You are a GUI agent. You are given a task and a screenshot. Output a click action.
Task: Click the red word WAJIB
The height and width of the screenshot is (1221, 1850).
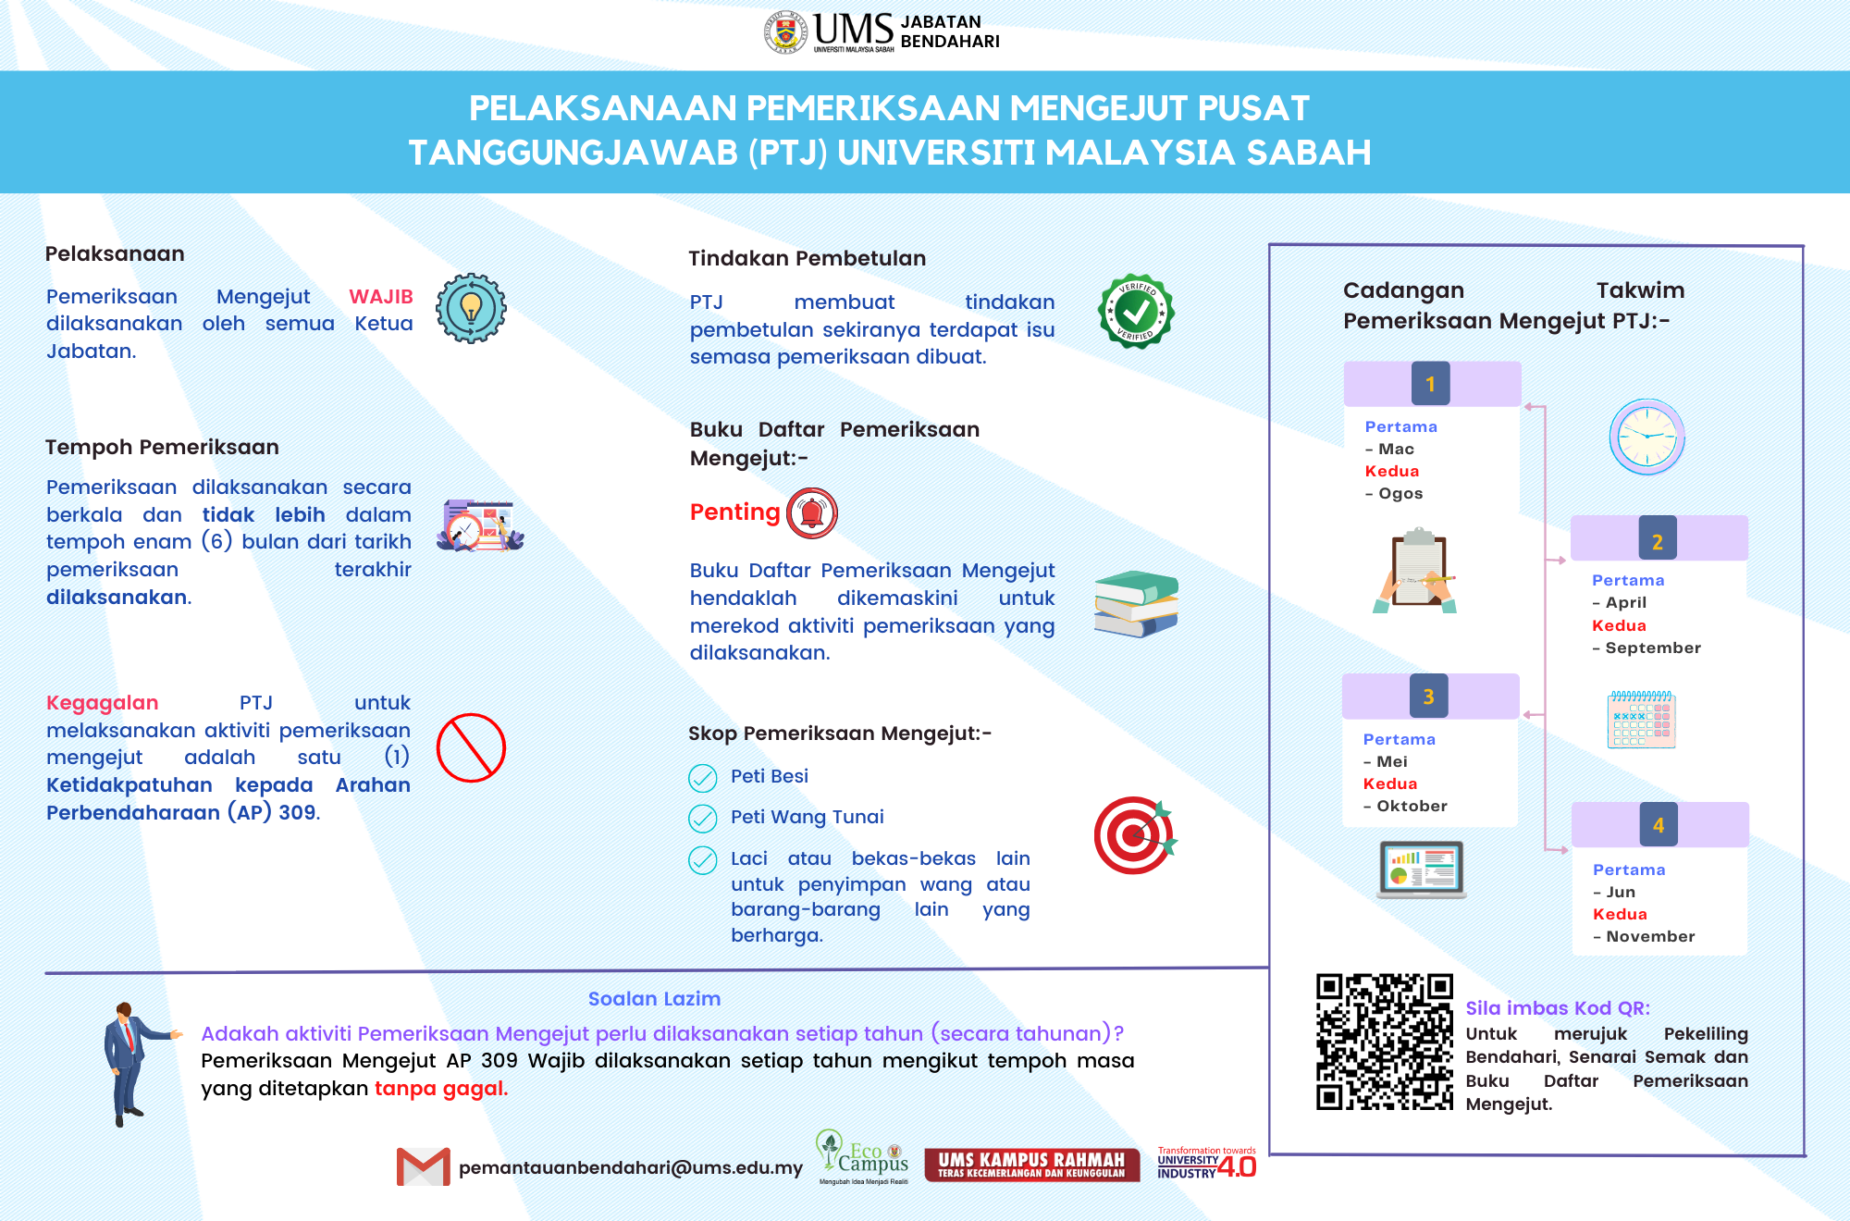coord(380,297)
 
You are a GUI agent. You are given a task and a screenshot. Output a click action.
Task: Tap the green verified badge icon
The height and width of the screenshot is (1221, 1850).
coord(1136,312)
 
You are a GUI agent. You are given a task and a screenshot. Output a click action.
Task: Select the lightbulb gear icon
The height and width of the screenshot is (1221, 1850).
coord(471,308)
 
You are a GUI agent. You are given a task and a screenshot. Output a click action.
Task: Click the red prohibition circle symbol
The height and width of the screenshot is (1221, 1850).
coord(471,747)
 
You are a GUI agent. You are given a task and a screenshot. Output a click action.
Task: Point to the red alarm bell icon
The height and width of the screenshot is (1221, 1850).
coord(811,512)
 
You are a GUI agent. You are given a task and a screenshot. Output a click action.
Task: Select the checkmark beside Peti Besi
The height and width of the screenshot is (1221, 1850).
coord(703,778)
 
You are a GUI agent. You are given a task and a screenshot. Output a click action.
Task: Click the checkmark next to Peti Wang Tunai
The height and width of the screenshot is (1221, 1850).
coord(703,819)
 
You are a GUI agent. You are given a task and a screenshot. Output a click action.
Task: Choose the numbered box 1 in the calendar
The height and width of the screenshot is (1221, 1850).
coord(1430,384)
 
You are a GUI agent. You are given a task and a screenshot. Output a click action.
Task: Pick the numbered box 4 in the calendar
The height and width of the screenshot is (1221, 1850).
coord(1659,825)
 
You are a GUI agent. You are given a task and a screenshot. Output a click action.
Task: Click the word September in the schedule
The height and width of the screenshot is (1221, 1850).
coord(1653,647)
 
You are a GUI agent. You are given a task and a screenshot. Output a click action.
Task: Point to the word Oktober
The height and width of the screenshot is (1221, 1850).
coord(1412,806)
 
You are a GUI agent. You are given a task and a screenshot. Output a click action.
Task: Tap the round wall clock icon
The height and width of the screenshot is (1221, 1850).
coord(1646,437)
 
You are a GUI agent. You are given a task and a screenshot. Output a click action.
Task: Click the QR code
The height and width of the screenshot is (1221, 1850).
coord(1385,1042)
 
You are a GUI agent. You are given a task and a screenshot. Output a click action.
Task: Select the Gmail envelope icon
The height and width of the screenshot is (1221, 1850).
coord(423,1166)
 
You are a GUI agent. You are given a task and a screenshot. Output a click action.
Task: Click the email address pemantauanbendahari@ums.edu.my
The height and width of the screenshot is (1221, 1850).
coord(631,1167)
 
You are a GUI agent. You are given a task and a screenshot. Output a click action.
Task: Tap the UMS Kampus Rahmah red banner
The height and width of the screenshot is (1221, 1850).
coord(1031,1165)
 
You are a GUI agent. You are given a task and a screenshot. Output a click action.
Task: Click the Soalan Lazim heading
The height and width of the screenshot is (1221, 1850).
coord(654,999)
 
